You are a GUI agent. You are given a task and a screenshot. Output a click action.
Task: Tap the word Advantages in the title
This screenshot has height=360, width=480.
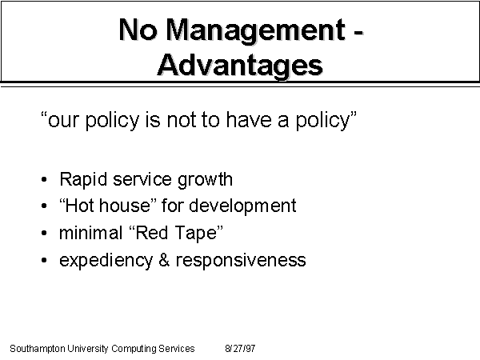pos(240,66)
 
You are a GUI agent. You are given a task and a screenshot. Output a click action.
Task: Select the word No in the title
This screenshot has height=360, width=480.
pos(138,30)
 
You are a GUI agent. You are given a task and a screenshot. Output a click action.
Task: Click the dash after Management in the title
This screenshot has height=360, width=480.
pos(358,32)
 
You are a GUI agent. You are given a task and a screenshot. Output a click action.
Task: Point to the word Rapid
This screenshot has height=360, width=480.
pos(83,180)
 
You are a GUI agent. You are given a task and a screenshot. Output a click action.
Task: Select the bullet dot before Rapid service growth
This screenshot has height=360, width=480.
pos(44,180)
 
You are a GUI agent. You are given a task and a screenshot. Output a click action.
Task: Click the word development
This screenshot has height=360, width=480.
pos(242,206)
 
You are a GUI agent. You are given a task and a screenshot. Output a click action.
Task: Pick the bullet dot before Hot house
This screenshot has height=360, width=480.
pos(44,206)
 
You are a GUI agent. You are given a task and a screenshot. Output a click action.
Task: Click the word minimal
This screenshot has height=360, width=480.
pos(90,233)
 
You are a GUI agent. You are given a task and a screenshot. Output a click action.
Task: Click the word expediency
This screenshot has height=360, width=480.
pos(106,261)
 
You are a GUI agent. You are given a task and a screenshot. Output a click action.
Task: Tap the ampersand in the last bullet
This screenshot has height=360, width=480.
pos(164,260)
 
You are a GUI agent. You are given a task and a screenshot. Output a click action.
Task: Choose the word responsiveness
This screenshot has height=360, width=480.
pos(241,261)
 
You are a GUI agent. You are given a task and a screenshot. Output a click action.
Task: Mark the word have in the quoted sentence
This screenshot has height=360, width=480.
pos(249,119)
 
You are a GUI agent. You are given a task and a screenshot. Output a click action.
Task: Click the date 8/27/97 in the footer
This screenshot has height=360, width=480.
pos(240,349)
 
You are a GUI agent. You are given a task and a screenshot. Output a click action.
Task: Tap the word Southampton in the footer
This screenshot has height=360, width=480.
pos(38,349)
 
